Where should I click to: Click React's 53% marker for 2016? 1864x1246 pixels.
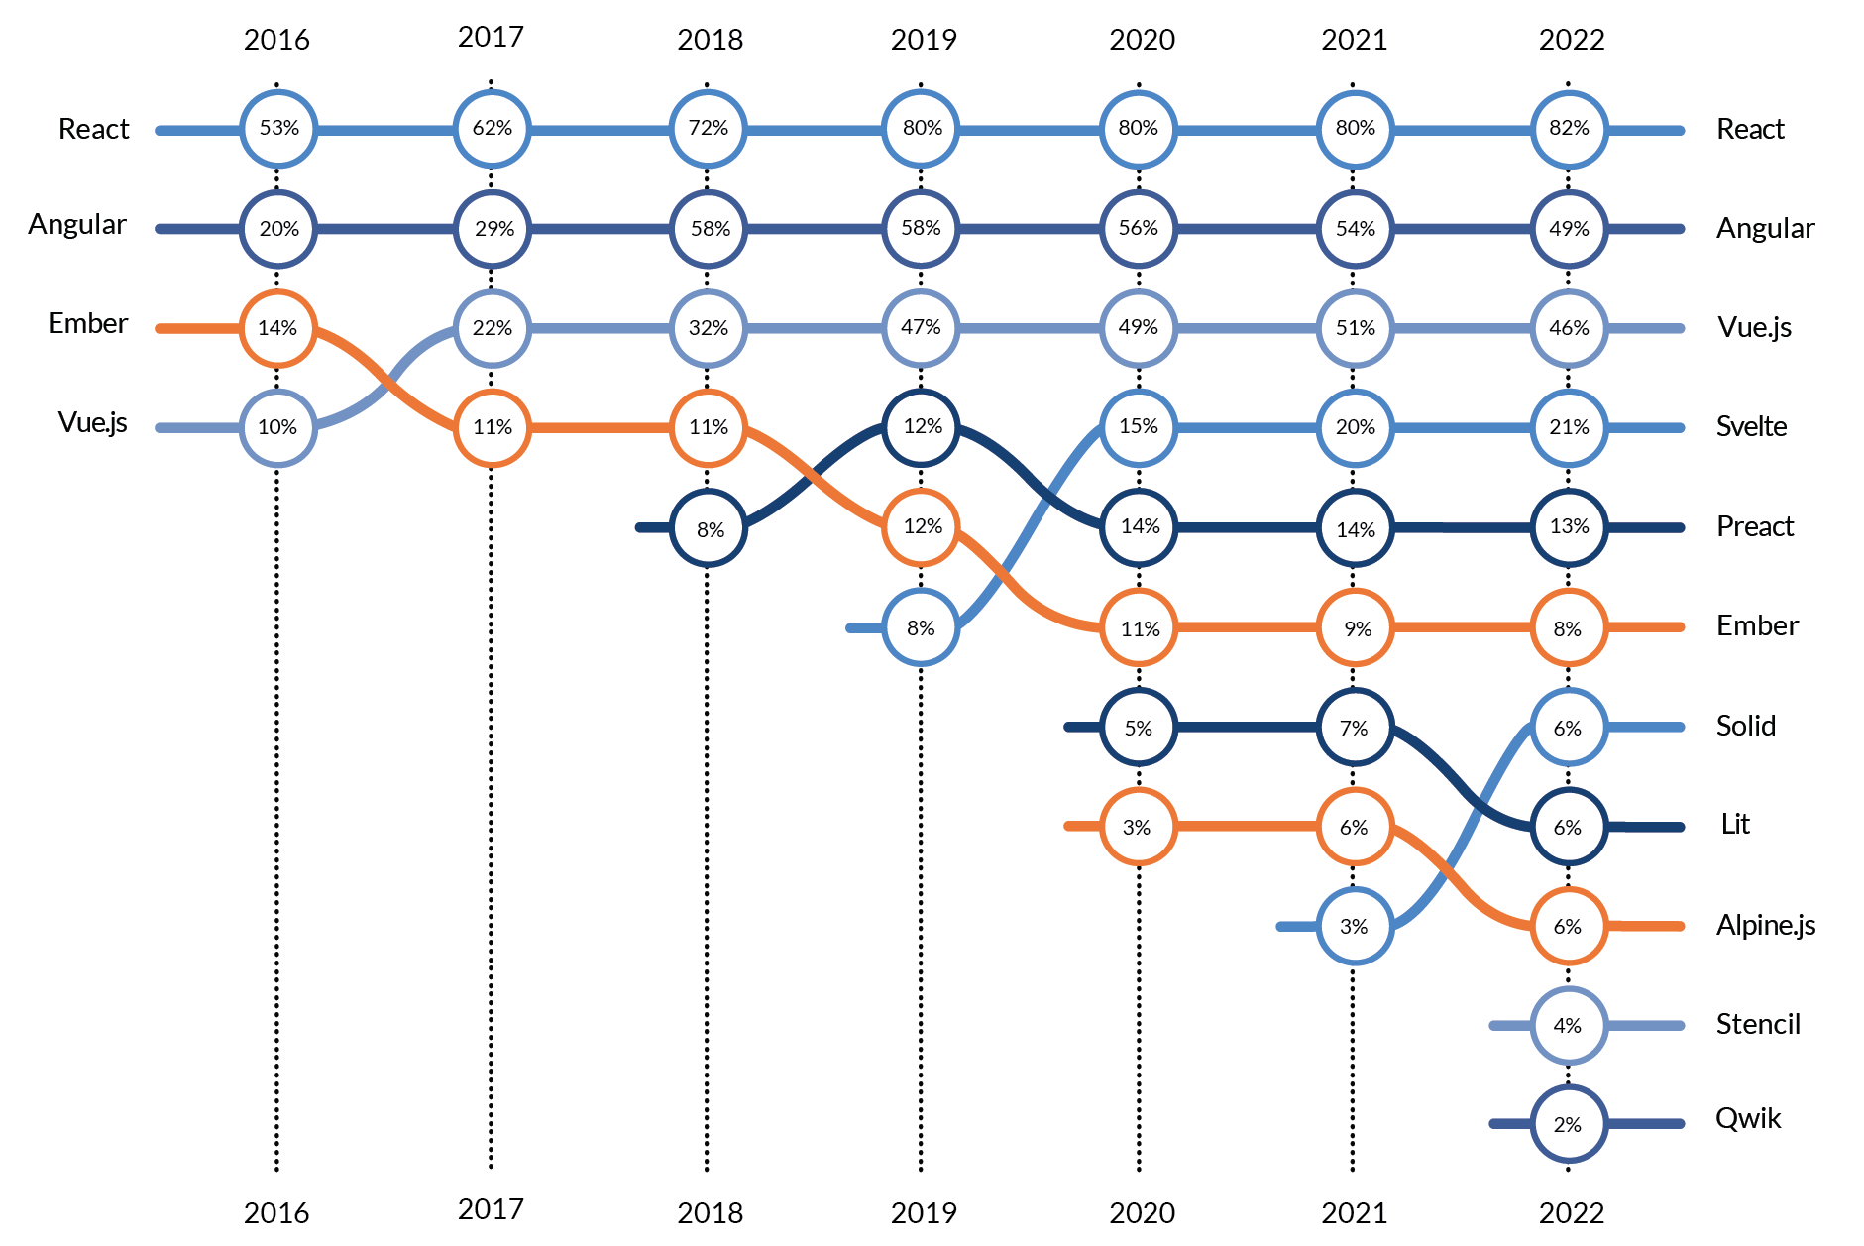tap(278, 129)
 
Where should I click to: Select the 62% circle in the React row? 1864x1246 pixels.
tap(493, 129)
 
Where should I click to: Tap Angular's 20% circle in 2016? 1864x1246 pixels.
tap(278, 229)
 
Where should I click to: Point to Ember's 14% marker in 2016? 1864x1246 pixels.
tap(278, 328)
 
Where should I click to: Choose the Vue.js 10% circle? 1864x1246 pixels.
tap(278, 427)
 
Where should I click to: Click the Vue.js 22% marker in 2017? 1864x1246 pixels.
tap(493, 328)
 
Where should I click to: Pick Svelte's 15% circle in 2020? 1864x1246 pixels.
tap(1139, 427)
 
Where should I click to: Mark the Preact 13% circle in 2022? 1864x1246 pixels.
tap(1569, 527)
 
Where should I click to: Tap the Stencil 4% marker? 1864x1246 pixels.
tap(1569, 1026)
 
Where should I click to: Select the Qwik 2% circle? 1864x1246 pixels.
tap(1569, 1124)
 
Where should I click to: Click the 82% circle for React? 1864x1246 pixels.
tap(1569, 129)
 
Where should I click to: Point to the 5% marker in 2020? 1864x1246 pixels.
tap(1139, 728)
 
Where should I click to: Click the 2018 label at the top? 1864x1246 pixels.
tap(710, 40)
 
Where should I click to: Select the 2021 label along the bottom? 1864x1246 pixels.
tap(1354, 1212)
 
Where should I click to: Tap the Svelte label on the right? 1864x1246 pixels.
tap(1751, 427)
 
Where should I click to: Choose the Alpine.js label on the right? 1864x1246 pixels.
tap(1766, 925)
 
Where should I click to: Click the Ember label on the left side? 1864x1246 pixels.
tap(87, 323)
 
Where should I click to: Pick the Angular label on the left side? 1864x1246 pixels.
tap(77, 225)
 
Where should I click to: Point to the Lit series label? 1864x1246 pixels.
tap(1735, 825)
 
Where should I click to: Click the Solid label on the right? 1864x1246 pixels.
tap(1745, 726)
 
